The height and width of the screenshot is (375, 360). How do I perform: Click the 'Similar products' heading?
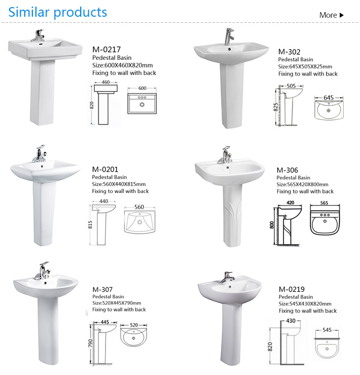[x=58, y=12]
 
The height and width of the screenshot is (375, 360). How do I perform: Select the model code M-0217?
[x=106, y=50]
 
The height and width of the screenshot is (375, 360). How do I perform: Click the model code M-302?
[x=290, y=51]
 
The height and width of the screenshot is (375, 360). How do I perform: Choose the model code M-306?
[x=287, y=170]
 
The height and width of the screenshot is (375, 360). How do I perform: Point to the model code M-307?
[x=103, y=289]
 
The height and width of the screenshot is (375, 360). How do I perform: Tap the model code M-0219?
[x=292, y=289]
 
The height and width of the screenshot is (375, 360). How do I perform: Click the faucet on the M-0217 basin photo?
[x=37, y=35]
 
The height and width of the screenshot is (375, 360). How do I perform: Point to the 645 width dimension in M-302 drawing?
[x=328, y=97]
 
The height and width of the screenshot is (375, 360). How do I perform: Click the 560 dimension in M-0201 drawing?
[x=140, y=207]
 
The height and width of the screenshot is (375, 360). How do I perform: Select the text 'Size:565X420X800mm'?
[x=302, y=184]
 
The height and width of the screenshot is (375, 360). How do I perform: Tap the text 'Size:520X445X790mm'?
[x=117, y=303]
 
